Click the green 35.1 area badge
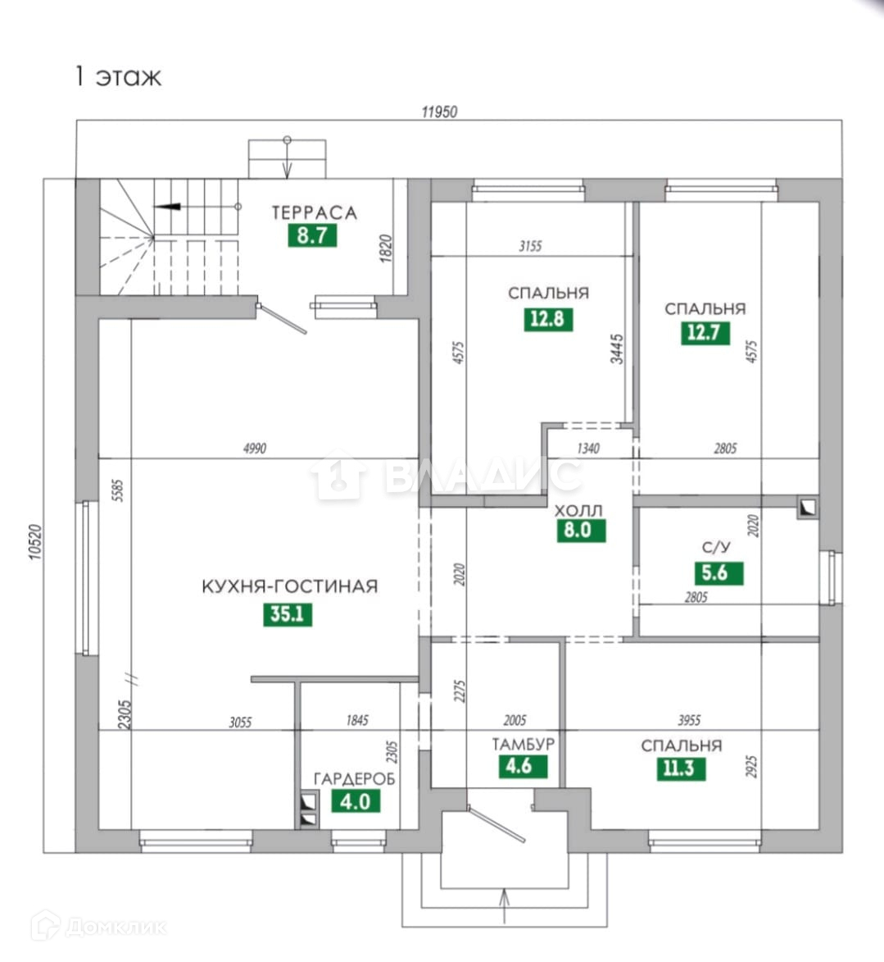[288, 613]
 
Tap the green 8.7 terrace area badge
[312, 236]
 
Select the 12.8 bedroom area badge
[547, 318]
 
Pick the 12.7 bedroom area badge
[705, 332]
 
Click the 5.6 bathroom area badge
[715, 572]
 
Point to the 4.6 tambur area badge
[520, 768]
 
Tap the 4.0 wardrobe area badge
[356, 800]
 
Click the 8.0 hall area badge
[578, 530]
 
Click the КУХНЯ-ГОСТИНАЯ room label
[290, 586]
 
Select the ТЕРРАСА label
[315, 213]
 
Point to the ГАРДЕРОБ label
[355, 778]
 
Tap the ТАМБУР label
[524, 745]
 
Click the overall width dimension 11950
[439, 112]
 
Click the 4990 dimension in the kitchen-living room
[256, 448]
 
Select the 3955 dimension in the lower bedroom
[689, 721]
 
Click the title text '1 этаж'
[118, 76]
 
